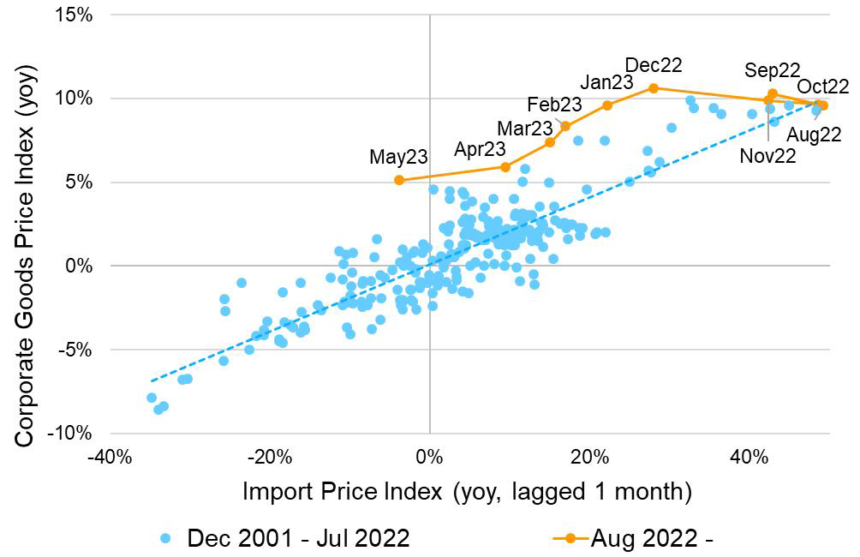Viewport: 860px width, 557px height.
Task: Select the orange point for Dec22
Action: coord(654,87)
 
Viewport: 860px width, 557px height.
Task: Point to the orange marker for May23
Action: coord(399,180)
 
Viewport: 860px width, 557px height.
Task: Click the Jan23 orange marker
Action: coord(607,105)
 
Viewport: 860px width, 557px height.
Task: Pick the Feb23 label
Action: coord(554,105)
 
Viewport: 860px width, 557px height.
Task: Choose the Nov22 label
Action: coord(768,156)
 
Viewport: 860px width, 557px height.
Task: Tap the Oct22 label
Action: coord(822,87)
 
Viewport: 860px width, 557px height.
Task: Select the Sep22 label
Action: coord(772,70)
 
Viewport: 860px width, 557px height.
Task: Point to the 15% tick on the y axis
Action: coord(75,15)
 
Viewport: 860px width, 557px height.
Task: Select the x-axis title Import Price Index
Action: coord(467,492)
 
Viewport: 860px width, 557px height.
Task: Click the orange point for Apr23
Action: coord(505,167)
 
